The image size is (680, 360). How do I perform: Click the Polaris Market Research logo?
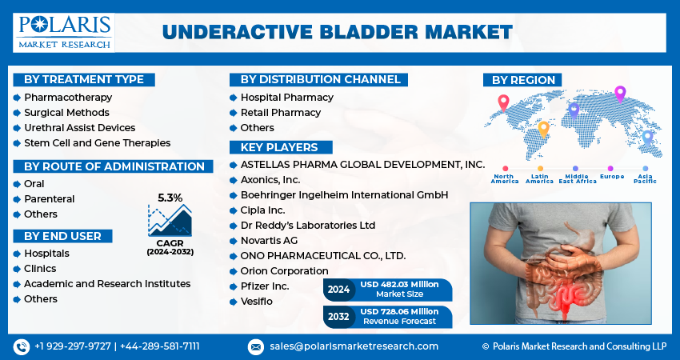pyautogui.click(x=65, y=32)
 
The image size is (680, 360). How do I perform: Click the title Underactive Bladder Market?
pyautogui.click(x=337, y=32)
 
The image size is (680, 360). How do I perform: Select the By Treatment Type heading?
pyautogui.click(x=84, y=79)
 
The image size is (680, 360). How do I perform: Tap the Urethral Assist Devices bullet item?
pyautogui.click(x=79, y=127)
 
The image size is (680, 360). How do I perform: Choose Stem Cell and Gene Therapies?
pyautogui.click(x=97, y=142)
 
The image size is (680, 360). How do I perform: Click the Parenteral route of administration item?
pyautogui.click(x=49, y=198)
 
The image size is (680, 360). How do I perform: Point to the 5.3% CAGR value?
pyautogui.click(x=170, y=197)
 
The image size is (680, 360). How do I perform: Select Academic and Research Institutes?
pyautogui.click(x=106, y=283)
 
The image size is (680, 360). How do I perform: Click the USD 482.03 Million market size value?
pyautogui.click(x=399, y=286)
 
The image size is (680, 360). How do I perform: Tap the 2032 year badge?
pyautogui.click(x=339, y=316)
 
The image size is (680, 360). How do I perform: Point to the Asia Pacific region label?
pyautogui.click(x=646, y=178)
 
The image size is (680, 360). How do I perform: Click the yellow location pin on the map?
pyautogui.click(x=543, y=128)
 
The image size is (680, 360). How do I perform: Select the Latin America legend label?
pyautogui.click(x=539, y=178)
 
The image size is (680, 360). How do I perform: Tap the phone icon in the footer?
pyautogui.click(x=21, y=346)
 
